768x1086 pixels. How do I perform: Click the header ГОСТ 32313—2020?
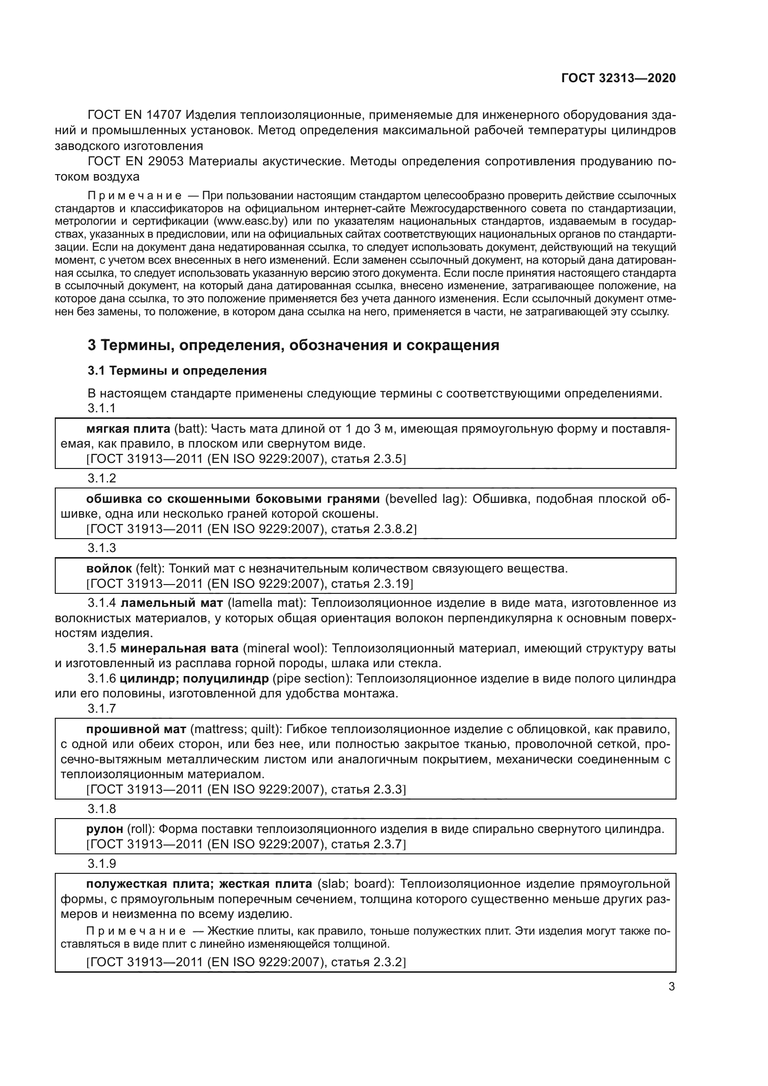[618, 78]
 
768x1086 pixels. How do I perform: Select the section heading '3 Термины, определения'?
[293, 345]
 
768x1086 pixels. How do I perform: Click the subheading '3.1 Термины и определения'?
[177, 371]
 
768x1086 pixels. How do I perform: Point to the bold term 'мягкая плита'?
[128, 429]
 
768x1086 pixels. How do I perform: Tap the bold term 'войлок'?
[109, 568]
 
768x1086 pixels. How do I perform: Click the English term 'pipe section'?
[312, 678]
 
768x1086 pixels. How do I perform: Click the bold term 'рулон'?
[104, 829]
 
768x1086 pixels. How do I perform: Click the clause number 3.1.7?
[102, 708]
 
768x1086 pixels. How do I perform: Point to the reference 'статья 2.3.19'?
[372, 583]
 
